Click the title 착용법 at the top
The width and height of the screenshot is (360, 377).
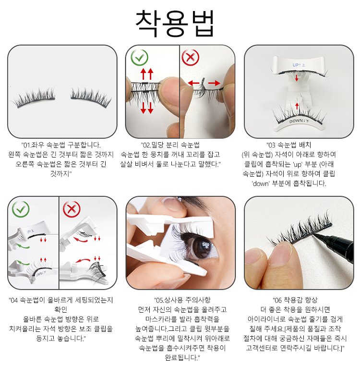pos(175,24)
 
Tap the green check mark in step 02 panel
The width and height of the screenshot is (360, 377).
pos(139,58)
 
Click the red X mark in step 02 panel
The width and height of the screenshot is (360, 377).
pos(190,58)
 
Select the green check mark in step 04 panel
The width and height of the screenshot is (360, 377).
pos(21,209)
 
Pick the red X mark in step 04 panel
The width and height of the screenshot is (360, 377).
pos(72,209)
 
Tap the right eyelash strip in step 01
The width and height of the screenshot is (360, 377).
pos(91,96)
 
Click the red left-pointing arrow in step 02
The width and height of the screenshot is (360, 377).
pos(194,83)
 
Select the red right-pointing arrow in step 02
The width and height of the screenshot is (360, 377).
pos(214,83)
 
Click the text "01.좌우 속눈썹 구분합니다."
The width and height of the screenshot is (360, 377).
pos(61,145)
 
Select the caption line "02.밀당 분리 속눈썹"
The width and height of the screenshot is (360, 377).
pos(170,145)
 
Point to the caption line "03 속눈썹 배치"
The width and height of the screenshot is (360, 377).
pos(289,145)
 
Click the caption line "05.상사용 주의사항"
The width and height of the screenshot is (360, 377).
pos(182,300)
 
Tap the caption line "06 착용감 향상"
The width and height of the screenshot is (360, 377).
pos(295,300)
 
